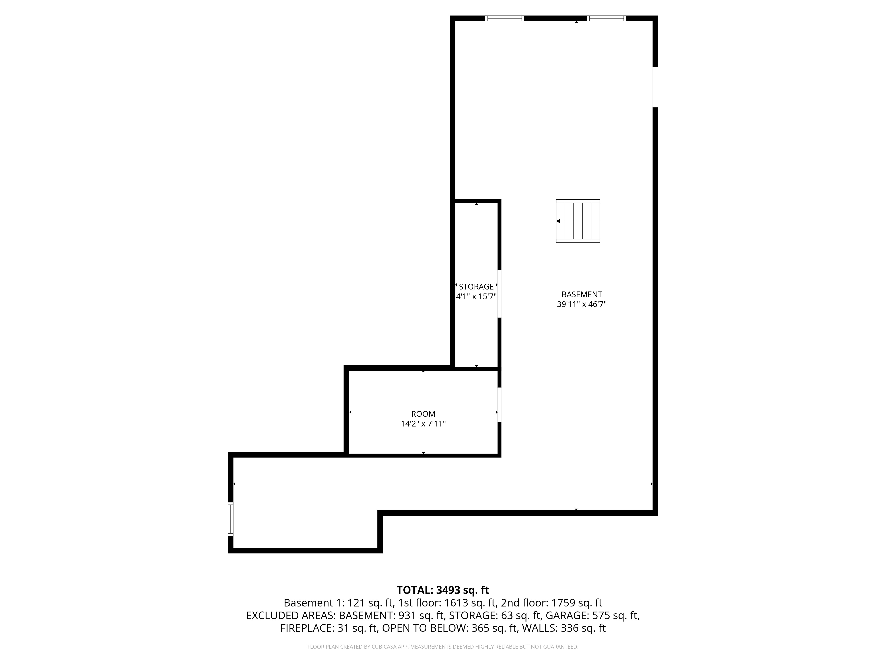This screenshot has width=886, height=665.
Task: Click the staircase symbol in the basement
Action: (x=578, y=221)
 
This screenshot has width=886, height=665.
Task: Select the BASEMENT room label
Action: (x=582, y=294)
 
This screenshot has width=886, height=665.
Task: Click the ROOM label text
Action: (x=423, y=414)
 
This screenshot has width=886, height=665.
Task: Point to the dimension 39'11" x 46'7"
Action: (x=582, y=304)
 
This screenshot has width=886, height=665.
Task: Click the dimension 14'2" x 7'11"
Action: (x=423, y=424)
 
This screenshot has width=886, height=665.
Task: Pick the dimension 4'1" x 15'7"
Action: (x=476, y=297)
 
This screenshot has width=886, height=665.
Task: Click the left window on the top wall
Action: (x=504, y=18)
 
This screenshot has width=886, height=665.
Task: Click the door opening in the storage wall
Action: (x=499, y=293)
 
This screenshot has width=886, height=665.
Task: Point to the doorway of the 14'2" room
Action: (x=499, y=405)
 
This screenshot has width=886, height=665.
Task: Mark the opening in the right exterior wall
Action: (x=655, y=87)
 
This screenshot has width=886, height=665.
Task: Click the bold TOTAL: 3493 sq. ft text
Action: (x=443, y=590)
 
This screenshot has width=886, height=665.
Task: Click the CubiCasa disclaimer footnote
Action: (x=443, y=647)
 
